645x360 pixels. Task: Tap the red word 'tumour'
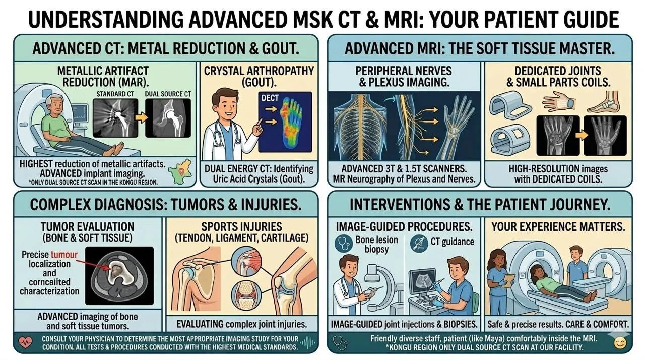tap(64, 255)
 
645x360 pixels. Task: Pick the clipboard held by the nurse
tap(510, 278)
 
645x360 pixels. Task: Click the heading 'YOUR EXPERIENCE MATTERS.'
tap(559, 226)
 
